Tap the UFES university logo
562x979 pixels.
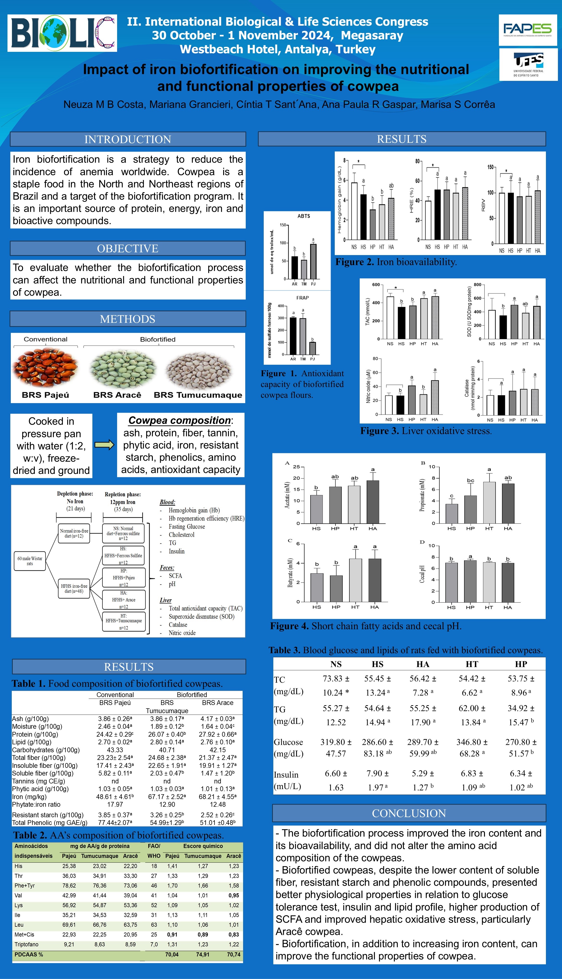pyautogui.click(x=528, y=64)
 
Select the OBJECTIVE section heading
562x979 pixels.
pyautogui.click(x=128, y=248)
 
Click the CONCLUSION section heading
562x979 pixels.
pyautogui.click(x=409, y=813)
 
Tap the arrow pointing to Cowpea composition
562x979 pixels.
pyautogui.click(x=104, y=445)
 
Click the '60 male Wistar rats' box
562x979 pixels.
pyautogui.click(x=30, y=561)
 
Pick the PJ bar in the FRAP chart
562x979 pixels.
pyautogui.click(x=312, y=348)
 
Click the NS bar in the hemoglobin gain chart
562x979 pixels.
pyautogui.click(x=354, y=211)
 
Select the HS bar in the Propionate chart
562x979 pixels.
pyautogui.click(x=452, y=513)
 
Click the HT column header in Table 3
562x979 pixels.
pyautogui.click(x=472, y=664)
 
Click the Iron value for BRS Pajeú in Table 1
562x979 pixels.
pyautogui.click(x=115, y=796)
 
